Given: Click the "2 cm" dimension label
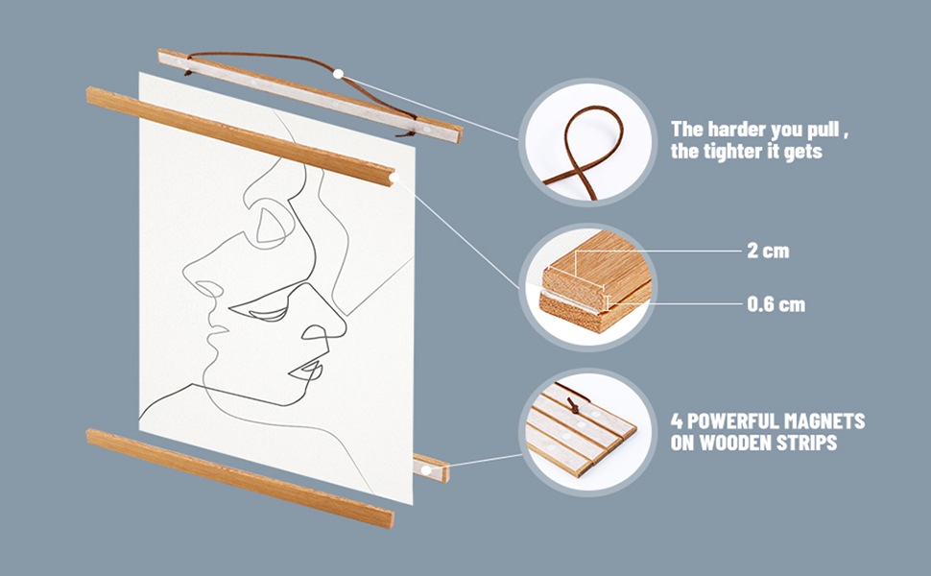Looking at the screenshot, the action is pos(768,251).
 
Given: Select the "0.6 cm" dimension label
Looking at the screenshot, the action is pos(776,304).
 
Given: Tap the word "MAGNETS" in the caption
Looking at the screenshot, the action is pos(824,421).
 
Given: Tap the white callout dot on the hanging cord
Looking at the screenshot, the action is pos(339,74).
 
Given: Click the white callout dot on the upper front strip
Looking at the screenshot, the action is pos(394,178).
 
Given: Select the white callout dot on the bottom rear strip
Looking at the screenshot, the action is pos(426,470).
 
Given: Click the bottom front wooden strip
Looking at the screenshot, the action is pos(240,477).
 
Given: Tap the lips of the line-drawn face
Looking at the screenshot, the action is pos(306,372).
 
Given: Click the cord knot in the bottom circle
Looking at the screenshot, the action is pos(574,406).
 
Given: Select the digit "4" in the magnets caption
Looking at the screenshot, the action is pos(677,421).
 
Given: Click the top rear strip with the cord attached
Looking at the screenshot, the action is pos(309,96).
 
